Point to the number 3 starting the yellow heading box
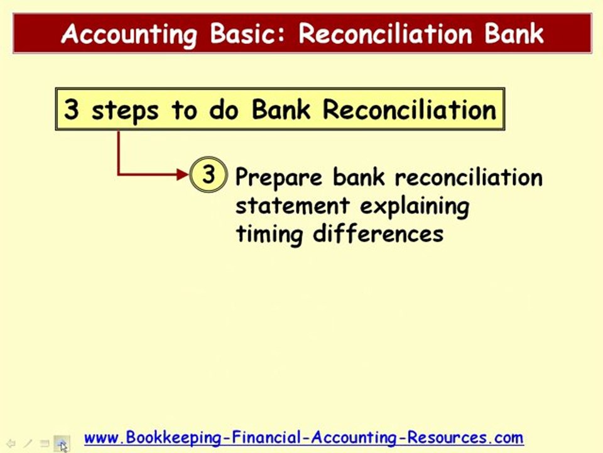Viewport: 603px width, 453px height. coord(72,110)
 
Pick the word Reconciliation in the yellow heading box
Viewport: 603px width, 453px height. coord(410,110)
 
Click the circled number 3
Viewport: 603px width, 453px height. coord(208,174)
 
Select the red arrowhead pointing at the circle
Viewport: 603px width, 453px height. coord(183,174)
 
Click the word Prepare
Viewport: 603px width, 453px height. coord(280,177)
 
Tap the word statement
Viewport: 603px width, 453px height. coord(292,206)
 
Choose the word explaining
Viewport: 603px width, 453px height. coord(415,206)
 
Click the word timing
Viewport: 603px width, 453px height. coord(270,233)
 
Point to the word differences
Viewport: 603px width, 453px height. coord(378,233)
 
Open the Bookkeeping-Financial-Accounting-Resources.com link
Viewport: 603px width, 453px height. coord(303,437)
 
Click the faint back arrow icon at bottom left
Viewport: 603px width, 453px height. coord(11,444)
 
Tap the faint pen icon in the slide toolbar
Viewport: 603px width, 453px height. coord(28,444)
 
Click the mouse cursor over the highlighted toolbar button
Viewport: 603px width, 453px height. coord(63,446)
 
